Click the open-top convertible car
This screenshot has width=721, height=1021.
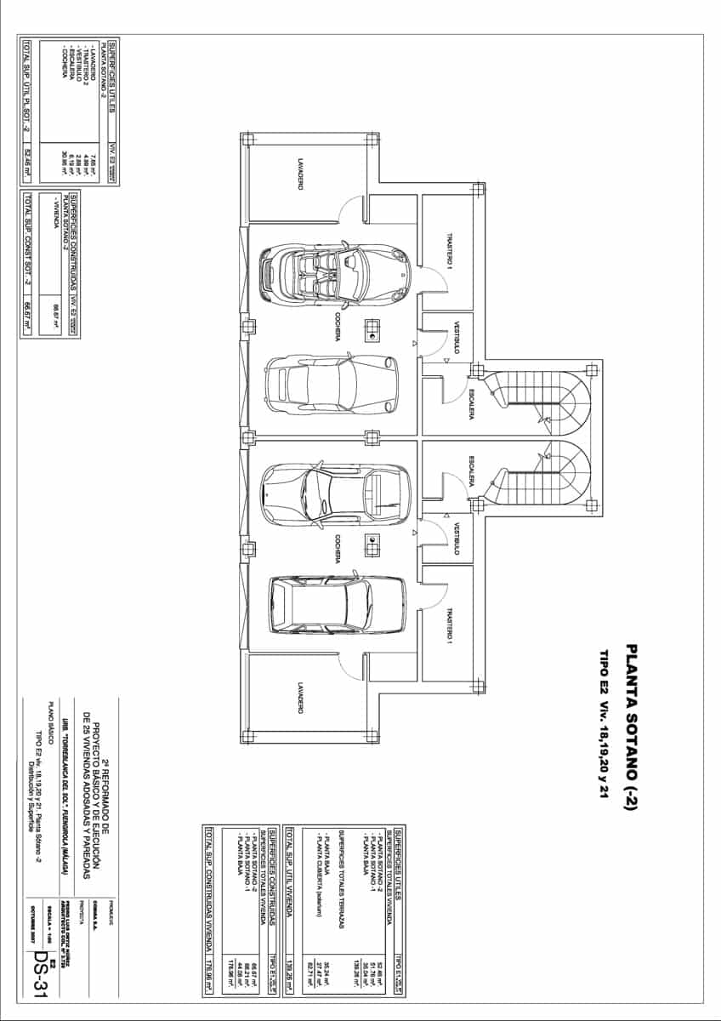point(333,274)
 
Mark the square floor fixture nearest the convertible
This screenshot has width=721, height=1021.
point(372,328)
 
